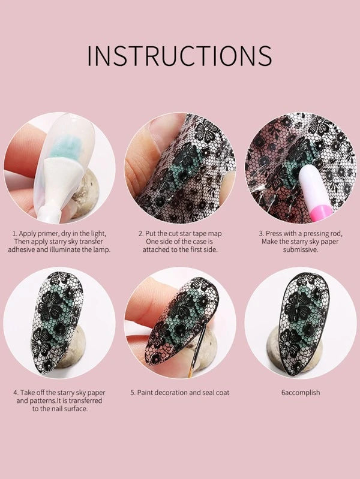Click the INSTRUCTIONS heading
[179, 55]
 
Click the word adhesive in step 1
[27, 249]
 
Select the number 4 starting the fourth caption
[16, 393]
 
